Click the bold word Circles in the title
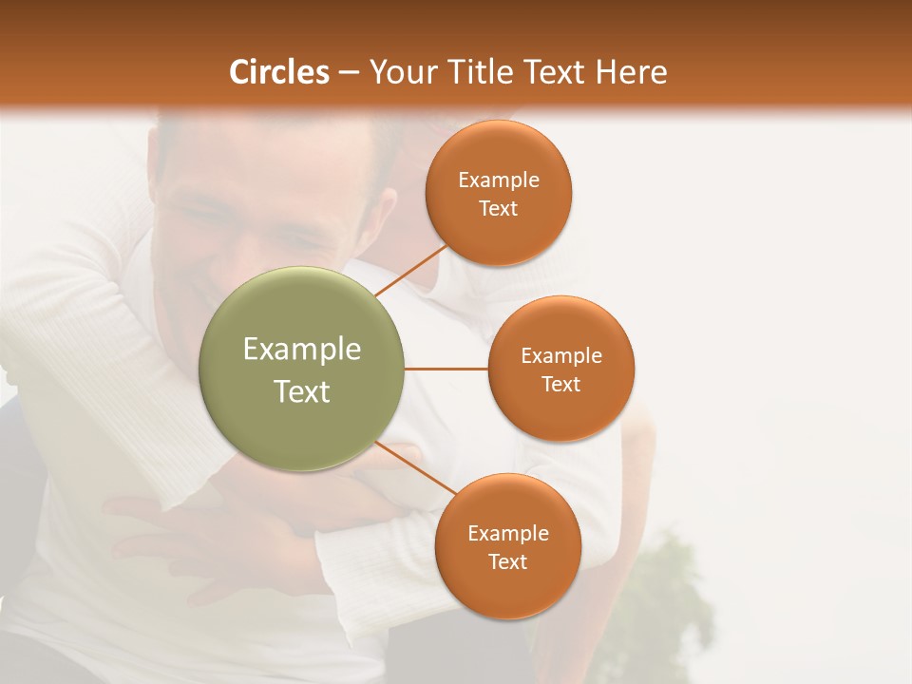pyautogui.click(x=279, y=72)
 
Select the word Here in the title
pyautogui.click(x=631, y=72)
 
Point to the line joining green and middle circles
pyautogui.click(x=446, y=369)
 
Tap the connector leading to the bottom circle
pyautogui.click(x=415, y=467)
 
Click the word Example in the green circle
pyautogui.click(x=302, y=350)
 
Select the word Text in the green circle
pyautogui.click(x=302, y=391)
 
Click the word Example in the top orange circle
pyautogui.click(x=499, y=180)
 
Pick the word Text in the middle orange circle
pyautogui.click(x=561, y=385)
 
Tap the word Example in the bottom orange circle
pyautogui.click(x=508, y=533)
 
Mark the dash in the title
pyautogui.click(x=349, y=73)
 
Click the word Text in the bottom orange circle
pyautogui.click(x=508, y=562)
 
